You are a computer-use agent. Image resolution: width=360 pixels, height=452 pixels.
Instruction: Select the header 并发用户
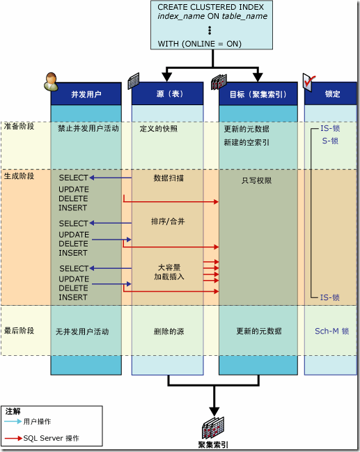(x=86, y=94)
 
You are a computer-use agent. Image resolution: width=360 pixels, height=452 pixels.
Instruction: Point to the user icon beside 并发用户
(x=51, y=82)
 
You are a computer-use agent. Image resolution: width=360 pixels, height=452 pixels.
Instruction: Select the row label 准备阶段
(x=19, y=127)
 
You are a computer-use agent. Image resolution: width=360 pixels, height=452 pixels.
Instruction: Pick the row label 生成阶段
(x=19, y=176)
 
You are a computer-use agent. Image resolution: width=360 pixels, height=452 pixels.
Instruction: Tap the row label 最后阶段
(x=19, y=331)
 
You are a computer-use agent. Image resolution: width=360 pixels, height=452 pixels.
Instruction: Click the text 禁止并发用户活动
(x=88, y=129)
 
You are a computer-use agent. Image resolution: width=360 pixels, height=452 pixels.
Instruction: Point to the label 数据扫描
(x=169, y=178)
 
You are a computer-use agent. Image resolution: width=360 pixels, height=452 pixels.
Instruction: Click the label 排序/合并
(x=167, y=221)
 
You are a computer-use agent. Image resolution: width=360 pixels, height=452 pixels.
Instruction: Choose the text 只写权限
(x=256, y=180)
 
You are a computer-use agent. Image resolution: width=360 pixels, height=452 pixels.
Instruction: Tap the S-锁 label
(x=330, y=141)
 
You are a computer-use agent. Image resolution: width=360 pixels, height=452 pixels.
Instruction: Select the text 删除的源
(x=167, y=332)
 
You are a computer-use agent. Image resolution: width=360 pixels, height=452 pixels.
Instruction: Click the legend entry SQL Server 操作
(x=51, y=438)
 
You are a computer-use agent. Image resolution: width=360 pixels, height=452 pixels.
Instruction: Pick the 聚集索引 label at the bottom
(x=213, y=444)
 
